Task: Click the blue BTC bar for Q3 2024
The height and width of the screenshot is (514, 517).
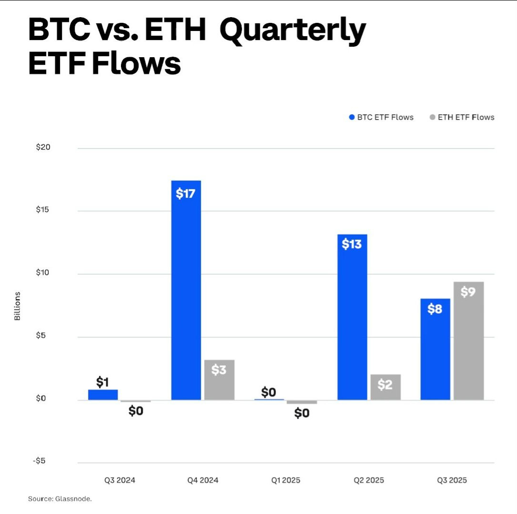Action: [x=103, y=395]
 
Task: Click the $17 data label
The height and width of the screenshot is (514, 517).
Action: [x=186, y=194]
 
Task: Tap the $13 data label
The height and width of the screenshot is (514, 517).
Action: [x=352, y=244]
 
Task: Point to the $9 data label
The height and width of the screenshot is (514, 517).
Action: [x=468, y=292]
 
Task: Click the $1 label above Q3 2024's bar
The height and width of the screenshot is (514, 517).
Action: [x=103, y=382]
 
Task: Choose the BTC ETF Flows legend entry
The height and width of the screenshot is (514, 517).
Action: [x=381, y=117]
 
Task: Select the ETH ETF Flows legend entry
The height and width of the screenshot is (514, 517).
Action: [x=462, y=117]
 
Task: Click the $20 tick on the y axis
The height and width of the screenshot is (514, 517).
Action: [x=43, y=147]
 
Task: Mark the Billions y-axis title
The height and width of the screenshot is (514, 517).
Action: [x=18, y=306]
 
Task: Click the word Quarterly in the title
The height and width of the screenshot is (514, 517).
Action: [x=292, y=31]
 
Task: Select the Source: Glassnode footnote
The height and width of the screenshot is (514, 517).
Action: [x=60, y=499]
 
